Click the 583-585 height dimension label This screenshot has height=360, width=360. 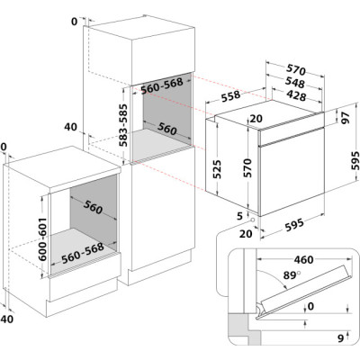tap(123, 125)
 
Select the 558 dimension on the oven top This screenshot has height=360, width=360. tap(231, 96)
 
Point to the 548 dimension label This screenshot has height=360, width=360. tap(294, 83)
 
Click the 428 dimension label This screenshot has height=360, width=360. tap(296, 95)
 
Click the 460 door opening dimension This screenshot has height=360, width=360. tap(303, 259)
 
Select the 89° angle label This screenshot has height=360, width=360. tap(292, 275)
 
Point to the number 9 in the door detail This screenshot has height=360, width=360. tap(340, 338)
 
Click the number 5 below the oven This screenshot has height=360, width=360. tap(239, 216)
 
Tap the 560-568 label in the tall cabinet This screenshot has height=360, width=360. tap(162, 86)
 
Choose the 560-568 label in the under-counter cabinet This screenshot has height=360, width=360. tap(83, 253)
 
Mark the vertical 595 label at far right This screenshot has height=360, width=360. tap(355, 161)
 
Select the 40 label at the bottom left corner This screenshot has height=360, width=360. tap(6, 319)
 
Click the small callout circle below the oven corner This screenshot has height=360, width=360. tap(253, 220)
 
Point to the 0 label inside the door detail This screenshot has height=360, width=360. tap(310, 306)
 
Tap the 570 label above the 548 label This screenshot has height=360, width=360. tap(296, 70)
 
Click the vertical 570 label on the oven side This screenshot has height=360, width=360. tap(247, 168)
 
